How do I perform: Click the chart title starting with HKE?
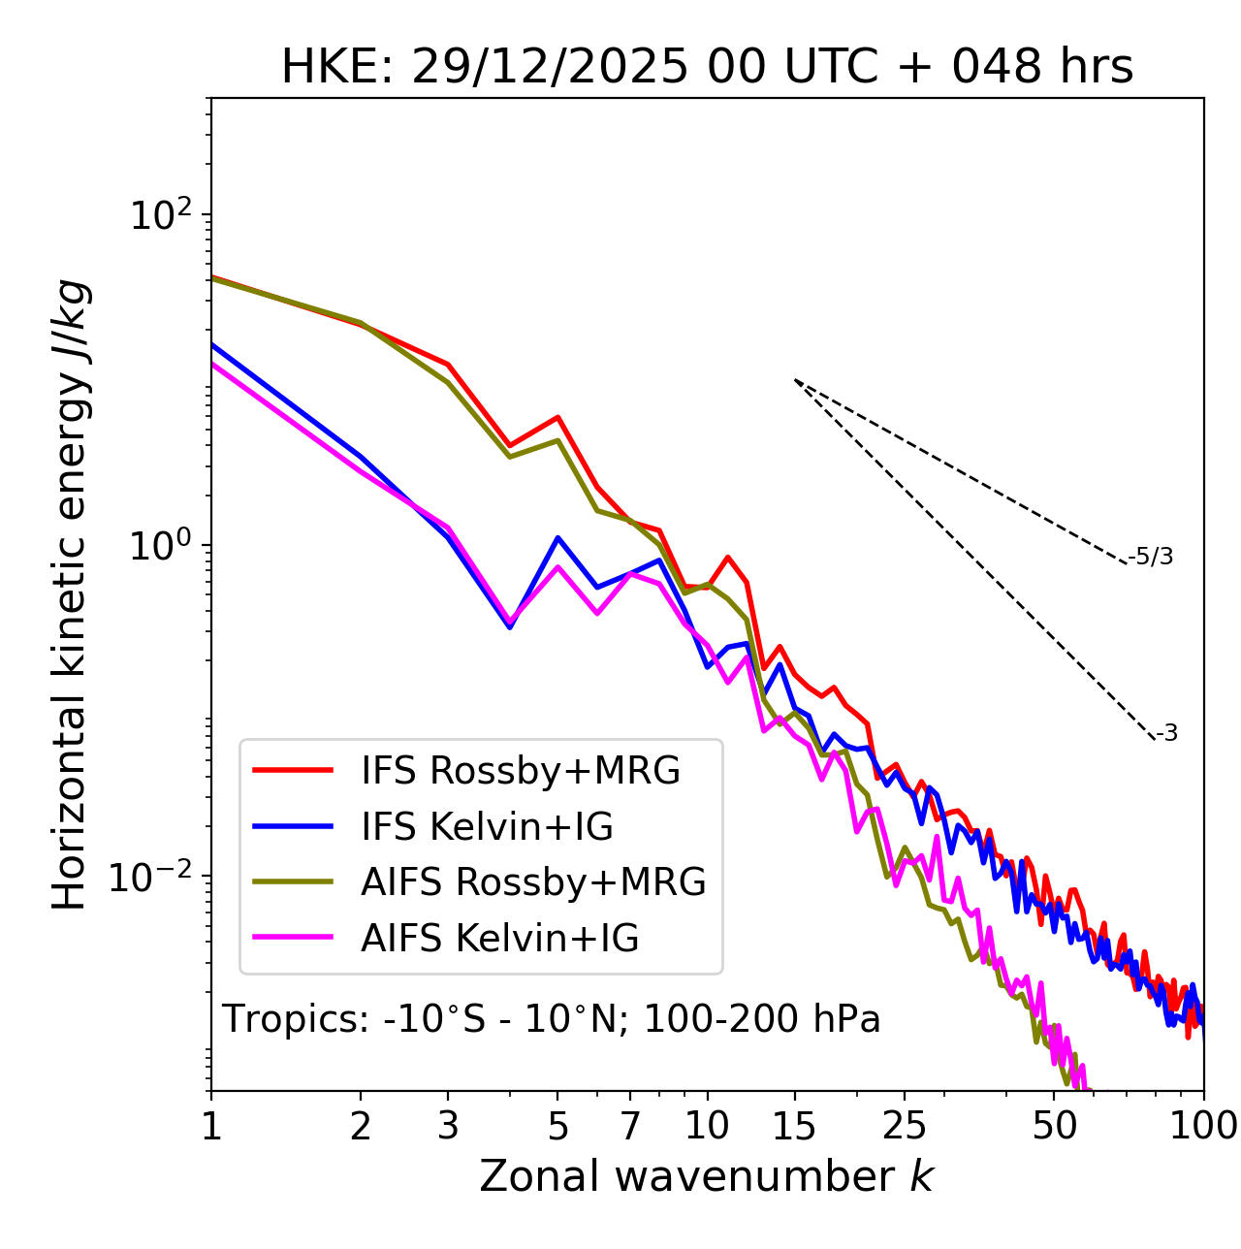(707, 67)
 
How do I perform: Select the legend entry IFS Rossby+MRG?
(520, 770)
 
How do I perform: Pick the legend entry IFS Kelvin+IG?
(487, 826)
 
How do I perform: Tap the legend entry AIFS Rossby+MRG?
(533, 882)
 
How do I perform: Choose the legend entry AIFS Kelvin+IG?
(499, 939)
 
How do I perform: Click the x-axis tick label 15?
(794, 1126)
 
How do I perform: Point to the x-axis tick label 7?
(630, 1126)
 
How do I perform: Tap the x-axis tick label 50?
(1055, 1126)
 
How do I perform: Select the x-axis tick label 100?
(1203, 1126)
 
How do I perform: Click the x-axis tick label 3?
(448, 1126)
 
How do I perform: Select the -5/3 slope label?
(1151, 557)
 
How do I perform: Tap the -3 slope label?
(1166, 734)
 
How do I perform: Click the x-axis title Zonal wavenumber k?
(707, 1176)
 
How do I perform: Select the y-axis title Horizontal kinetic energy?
(70, 595)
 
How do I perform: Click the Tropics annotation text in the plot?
(551, 1019)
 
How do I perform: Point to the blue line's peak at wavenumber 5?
(557, 537)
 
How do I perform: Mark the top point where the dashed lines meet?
(795, 380)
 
